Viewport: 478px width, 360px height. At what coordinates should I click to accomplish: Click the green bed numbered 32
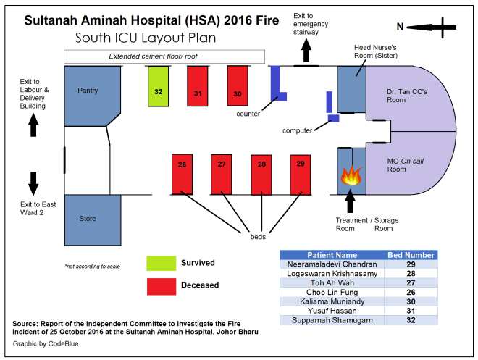158,87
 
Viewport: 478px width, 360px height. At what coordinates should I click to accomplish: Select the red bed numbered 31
198,86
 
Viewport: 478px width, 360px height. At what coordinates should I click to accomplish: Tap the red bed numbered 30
238,86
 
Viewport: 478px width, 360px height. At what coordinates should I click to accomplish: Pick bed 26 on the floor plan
182,175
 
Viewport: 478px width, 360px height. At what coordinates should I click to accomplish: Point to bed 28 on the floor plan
261,175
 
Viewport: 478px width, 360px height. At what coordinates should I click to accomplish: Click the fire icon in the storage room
351,175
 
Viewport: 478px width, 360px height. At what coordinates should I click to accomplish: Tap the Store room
93,220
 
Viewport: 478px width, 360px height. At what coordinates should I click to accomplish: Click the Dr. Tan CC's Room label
407,96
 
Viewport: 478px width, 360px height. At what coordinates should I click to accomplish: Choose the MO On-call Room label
405,165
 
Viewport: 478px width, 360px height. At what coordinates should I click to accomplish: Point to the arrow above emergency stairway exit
306,50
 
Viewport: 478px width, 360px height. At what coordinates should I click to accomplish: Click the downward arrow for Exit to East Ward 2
33,183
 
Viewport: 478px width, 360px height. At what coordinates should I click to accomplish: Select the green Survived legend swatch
162,264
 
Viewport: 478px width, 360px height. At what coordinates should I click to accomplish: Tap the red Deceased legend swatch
162,287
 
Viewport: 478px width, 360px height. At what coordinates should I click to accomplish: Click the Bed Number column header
411,255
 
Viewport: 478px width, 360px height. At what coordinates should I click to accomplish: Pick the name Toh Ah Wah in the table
332,283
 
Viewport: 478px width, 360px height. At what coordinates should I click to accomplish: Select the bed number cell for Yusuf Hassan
411,311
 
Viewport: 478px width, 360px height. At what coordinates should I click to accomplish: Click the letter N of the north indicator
400,27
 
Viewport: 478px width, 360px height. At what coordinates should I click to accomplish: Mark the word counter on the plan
248,114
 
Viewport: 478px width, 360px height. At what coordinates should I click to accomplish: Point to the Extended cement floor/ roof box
164,56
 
